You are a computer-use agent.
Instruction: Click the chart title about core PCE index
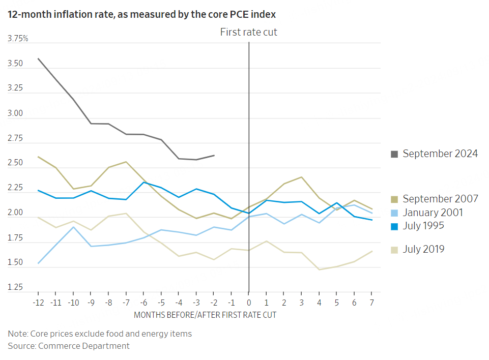[142, 14]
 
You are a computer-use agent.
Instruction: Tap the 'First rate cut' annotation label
[248, 32]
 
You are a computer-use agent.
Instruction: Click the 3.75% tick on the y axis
[18, 39]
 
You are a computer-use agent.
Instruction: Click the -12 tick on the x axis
[39, 302]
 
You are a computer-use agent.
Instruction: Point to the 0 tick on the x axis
[249, 302]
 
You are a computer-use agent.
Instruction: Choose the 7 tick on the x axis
[371, 302]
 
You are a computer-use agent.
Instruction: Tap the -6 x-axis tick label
[144, 302]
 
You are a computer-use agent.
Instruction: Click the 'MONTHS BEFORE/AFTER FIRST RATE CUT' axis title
[205, 315]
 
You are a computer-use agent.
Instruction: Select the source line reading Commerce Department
[69, 346]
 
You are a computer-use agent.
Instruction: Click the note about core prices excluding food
[100, 334]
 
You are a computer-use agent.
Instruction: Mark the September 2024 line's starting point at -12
[39, 58]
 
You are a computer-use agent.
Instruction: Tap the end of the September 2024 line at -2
[214, 155]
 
